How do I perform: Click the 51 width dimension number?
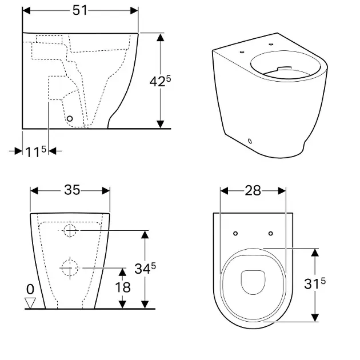pos(80,10)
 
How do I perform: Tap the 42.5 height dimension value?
pos(160,81)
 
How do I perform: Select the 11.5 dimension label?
pos(35,151)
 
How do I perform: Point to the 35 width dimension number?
pos(72,190)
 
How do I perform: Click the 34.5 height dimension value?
pos(145,269)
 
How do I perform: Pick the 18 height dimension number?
pos(123,287)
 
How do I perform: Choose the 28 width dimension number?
pos(253,190)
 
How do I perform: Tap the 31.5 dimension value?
pos(315,283)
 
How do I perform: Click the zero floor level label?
pos(30,289)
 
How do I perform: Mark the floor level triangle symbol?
pos(30,303)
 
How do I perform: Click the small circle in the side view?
pos(70,119)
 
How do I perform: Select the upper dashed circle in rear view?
pos(70,231)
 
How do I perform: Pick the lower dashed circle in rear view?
pos(70,268)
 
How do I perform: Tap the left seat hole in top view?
pos(235,234)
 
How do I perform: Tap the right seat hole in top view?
pos(271,234)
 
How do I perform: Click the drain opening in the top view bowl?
pos(253,282)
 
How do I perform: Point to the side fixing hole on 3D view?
pos(250,141)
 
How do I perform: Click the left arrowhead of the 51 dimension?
pos(27,10)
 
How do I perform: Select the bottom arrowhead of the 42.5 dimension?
pos(160,124)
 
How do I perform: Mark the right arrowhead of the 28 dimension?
pos(282,191)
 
